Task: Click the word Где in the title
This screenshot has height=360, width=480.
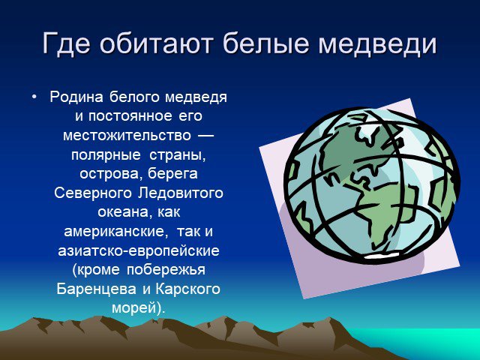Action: pos(66,43)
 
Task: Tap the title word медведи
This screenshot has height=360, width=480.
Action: pos(377,44)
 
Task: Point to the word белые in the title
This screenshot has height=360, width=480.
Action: pos(265,43)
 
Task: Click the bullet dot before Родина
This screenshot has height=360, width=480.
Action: pos(34,97)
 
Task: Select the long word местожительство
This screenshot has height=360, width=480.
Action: pos(127,136)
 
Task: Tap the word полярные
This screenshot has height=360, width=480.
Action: pos(106,155)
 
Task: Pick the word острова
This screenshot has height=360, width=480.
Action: pos(112,174)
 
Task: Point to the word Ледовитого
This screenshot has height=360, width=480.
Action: pos(181,193)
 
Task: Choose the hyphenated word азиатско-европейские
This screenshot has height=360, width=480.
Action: pos(139,251)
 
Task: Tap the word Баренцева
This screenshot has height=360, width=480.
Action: pos(97,289)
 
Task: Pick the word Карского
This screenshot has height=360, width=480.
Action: pos(187,289)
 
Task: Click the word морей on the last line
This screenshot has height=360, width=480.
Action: pos(135,308)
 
